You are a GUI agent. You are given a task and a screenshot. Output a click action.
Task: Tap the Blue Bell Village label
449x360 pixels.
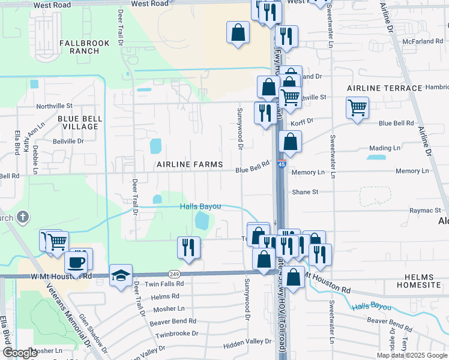click(x=77, y=122)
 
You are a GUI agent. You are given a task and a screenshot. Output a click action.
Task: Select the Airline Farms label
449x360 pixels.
click(x=190, y=164)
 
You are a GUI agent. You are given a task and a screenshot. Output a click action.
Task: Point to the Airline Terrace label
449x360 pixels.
click(x=384, y=88)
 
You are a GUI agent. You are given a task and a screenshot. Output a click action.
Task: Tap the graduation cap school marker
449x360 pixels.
click(x=121, y=275)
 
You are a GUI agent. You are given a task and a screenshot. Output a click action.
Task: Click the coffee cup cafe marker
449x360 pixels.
click(x=76, y=262)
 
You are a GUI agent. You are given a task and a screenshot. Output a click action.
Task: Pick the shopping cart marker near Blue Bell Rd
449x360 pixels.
click(x=357, y=108)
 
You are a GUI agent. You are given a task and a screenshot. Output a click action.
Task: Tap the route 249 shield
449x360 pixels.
click(x=173, y=273)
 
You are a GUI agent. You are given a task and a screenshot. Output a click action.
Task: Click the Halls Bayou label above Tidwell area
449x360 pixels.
click(x=201, y=206)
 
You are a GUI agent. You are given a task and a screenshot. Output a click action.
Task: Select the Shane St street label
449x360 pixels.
click(x=304, y=192)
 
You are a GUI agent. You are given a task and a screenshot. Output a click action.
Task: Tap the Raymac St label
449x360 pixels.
click(x=425, y=211)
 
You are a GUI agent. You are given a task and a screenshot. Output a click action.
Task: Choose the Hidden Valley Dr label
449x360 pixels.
click(x=247, y=341)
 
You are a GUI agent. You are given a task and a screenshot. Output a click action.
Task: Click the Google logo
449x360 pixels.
click(x=20, y=353)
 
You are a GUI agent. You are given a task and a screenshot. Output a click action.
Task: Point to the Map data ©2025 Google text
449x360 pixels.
click(x=411, y=355)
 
